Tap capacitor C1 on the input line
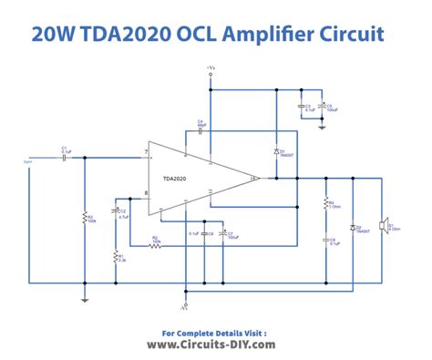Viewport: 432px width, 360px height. click(x=64, y=157)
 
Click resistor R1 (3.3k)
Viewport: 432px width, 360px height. click(x=116, y=257)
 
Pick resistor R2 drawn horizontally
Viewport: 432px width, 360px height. click(x=155, y=245)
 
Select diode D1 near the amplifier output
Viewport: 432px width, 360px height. click(x=275, y=150)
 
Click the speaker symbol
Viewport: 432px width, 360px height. click(x=384, y=224)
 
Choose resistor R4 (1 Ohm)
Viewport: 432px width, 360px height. click(x=325, y=205)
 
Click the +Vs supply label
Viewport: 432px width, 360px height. click(x=211, y=67)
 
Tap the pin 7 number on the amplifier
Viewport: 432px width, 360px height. click(x=145, y=151)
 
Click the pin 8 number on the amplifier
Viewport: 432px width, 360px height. click(x=145, y=193)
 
